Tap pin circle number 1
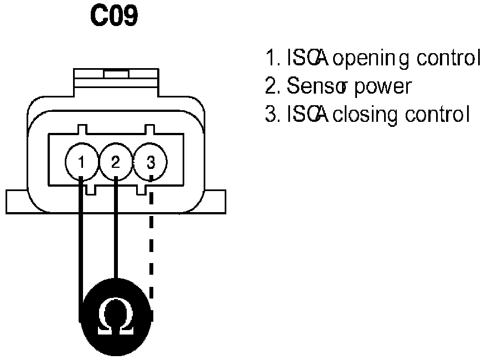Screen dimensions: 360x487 [81, 162]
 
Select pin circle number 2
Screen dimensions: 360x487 [115, 162]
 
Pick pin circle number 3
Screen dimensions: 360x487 [151, 162]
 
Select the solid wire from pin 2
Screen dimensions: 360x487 [115, 233]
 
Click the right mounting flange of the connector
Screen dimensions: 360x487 [217, 202]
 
